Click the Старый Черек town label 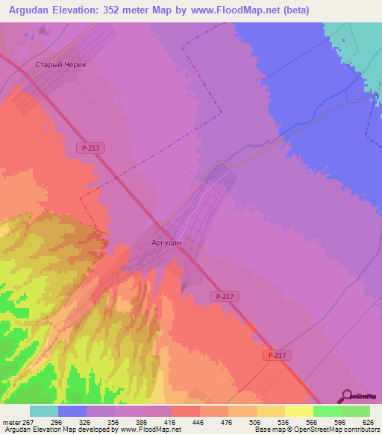pos(61,65)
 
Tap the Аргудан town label pos(163,243)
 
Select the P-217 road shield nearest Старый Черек pos(90,148)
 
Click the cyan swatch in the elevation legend pos(44,411)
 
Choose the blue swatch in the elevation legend pos(72,411)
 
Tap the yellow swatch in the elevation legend pos(299,411)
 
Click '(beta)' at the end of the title pos(293,11)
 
